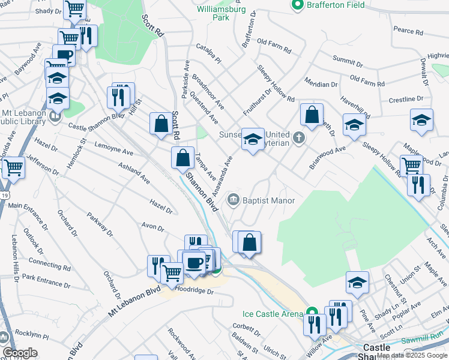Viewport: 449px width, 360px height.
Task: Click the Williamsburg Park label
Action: click(220, 13)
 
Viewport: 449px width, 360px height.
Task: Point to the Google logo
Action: click(20, 353)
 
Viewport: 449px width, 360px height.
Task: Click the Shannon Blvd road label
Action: click(200, 191)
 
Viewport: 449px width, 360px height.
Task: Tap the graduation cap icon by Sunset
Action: click(253, 140)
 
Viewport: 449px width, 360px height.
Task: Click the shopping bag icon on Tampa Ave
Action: click(182, 158)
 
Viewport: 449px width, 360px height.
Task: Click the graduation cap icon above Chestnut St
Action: click(357, 282)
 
